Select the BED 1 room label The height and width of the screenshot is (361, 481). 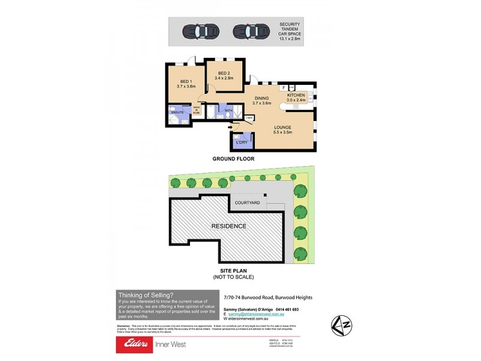click(x=186, y=84)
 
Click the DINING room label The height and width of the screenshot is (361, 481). click(x=262, y=100)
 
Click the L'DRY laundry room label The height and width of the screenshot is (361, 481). click(x=241, y=142)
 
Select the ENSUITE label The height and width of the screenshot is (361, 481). click(x=177, y=113)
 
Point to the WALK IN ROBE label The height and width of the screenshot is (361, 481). click(x=196, y=110)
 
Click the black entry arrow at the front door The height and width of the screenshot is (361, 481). click(x=231, y=127)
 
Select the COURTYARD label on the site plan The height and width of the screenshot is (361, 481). click(x=247, y=203)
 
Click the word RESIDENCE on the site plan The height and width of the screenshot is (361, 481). click(x=228, y=226)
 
